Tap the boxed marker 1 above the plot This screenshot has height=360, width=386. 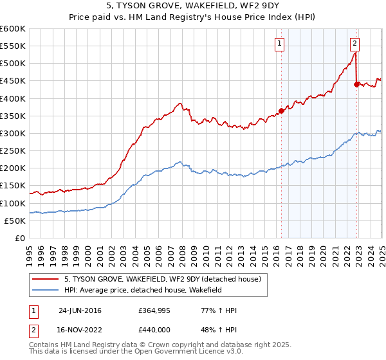(280, 44)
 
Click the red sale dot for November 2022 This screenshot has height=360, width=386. (356, 84)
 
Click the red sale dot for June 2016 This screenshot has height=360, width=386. (281, 111)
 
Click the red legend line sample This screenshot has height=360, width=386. (46, 279)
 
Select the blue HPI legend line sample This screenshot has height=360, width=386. (46, 291)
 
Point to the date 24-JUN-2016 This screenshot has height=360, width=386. (79, 310)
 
